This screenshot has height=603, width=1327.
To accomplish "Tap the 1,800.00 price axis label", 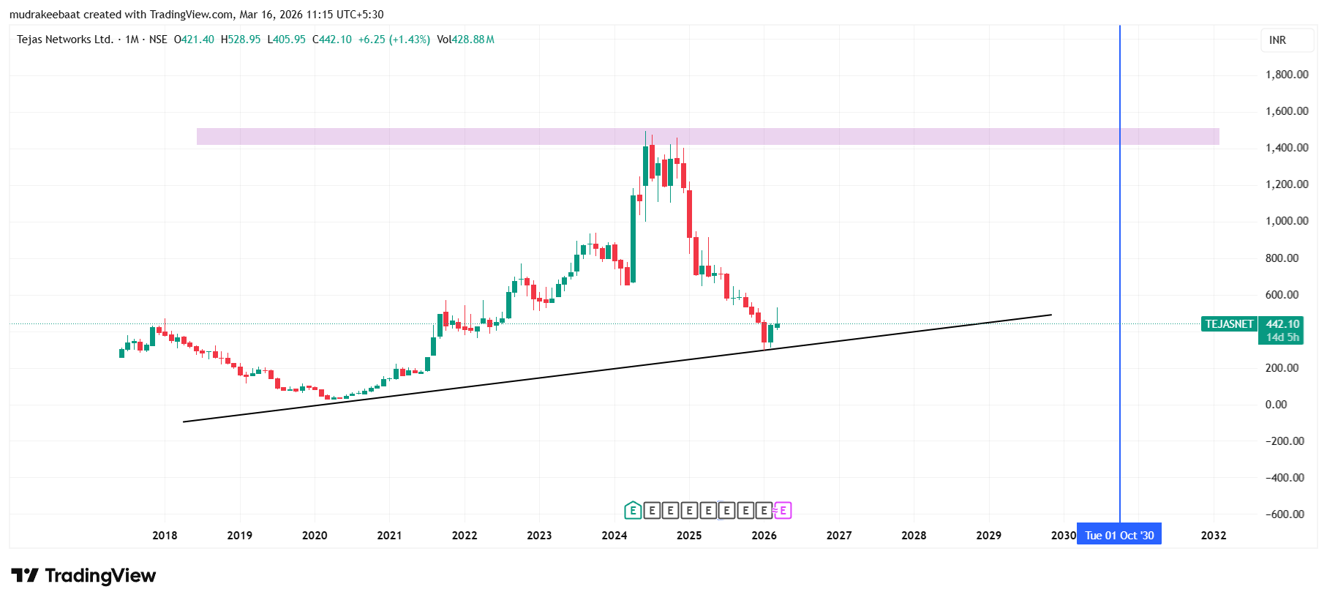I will pyautogui.click(x=1286, y=75).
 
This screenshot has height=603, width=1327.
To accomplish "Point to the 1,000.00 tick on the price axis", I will pyautogui.click(x=1286, y=221).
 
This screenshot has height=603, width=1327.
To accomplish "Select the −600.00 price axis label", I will pyautogui.click(x=1285, y=514).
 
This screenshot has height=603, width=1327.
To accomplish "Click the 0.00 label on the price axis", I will pyautogui.click(x=1276, y=405).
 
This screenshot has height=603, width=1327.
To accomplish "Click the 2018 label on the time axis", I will pyautogui.click(x=165, y=536).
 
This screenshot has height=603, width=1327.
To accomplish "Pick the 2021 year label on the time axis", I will pyautogui.click(x=389, y=536).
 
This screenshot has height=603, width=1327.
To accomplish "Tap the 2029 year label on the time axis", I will pyautogui.click(x=988, y=536).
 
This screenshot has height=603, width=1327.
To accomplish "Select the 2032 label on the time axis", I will pyautogui.click(x=1213, y=536).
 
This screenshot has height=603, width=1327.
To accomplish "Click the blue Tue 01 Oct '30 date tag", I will pyautogui.click(x=1119, y=536).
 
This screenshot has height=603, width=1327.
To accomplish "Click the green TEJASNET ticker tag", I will pyautogui.click(x=1229, y=324).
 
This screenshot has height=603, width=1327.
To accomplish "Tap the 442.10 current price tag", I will pyautogui.click(x=1282, y=324).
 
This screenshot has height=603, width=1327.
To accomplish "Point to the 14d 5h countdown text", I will pyautogui.click(x=1282, y=337).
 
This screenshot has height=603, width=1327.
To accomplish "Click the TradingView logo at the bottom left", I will pyautogui.click(x=83, y=576).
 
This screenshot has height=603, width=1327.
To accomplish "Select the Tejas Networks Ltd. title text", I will pyautogui.click(x=65, y=40).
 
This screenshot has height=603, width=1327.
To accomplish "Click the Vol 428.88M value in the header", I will pyautogui.click(x=465, y=40).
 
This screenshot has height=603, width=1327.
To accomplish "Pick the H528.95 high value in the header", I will pyautogui.click(x=241, y=40).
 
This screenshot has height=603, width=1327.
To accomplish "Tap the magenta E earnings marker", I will pyautogui.click(x=783, y=511).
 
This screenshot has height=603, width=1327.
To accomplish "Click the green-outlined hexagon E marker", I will pyautogui.click(x=633, y=511).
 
